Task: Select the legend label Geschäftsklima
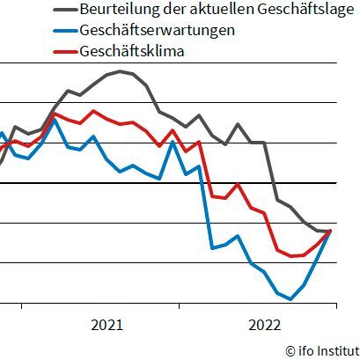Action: tap(126, 51)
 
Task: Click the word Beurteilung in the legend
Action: tap(114, 10)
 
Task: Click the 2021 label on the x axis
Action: tap(107, 325)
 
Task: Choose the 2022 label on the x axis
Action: tap(264, 325)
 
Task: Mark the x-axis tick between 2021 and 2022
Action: tap(180, 305)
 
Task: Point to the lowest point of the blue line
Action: tap(290, 299)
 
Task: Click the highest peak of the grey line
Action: tap(121, 71)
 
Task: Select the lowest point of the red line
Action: tap(290, 256)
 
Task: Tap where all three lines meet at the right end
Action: tap(330, 231)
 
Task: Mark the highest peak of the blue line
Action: tap(55, 119)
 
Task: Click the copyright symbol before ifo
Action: tap(290, 350)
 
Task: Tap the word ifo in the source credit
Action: tap(306, 350)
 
